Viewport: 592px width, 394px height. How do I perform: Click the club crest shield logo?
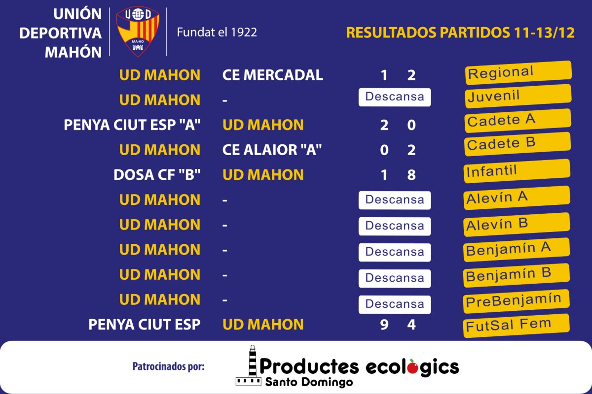click(138, 31)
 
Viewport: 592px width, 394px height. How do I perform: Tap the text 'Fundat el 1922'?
click(217, 32)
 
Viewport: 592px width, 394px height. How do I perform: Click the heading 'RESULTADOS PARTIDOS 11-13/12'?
click(460, 33)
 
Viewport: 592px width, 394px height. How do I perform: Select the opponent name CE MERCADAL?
click(272, 75)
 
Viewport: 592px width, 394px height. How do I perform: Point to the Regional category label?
click(518, 73)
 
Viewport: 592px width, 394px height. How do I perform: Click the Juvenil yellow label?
click(518, 96)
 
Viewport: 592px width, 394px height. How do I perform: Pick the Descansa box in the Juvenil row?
click(395, 97)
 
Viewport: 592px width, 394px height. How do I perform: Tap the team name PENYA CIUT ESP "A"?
click(132, 125)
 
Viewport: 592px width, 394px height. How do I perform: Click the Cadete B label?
click(518, 144)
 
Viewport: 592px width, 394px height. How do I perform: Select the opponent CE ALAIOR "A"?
click(272, 150)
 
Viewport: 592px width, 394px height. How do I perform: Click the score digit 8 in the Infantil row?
click(411, 175)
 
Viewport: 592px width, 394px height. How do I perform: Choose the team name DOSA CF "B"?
click(157, 175)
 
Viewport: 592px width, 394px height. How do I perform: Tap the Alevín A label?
click(517, 198)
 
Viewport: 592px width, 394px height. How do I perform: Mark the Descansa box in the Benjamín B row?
click(395, 278)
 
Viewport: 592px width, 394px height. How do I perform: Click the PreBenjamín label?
click(516, 301)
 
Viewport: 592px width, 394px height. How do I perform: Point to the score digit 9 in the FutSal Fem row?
click(384, 325)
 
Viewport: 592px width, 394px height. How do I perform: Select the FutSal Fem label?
click(516, 326)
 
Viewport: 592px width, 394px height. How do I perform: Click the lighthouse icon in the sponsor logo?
click(250, 365)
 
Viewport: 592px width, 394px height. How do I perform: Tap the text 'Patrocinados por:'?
click(168, 366)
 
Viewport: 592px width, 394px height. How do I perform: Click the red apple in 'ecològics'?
click(412, 367)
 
